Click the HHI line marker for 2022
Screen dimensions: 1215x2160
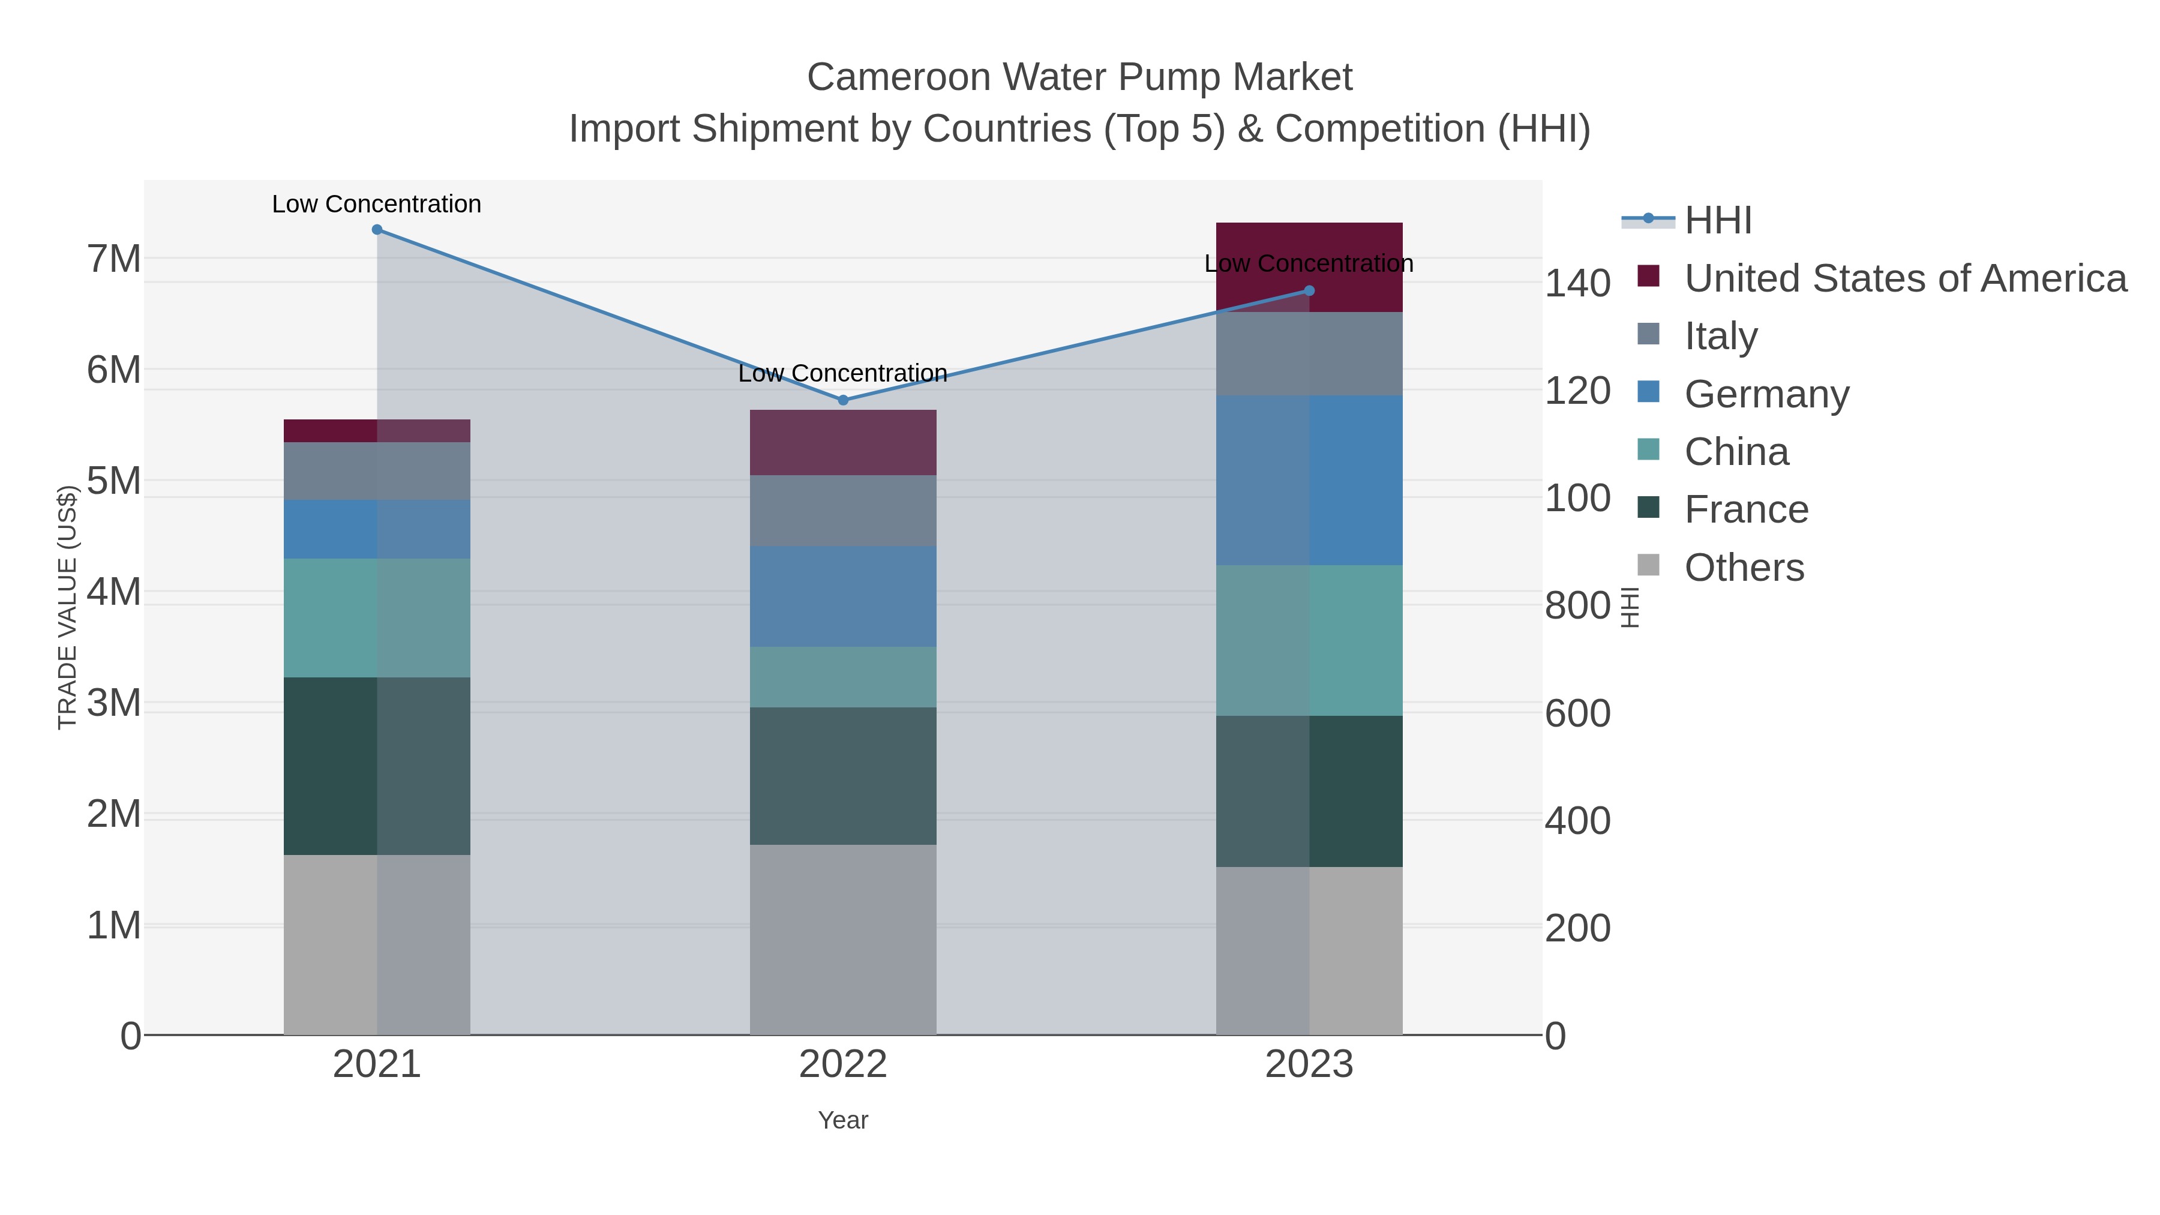843,400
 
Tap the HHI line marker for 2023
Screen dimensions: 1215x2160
1309,291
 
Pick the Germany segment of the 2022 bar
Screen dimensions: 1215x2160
843,596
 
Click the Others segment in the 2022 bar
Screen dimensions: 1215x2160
843,939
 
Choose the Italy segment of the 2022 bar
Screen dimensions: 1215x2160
843,511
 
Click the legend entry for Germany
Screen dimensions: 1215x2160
1766,394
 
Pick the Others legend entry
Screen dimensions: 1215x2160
1744,568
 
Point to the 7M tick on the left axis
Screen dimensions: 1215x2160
114,259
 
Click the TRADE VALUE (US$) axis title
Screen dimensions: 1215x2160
67,607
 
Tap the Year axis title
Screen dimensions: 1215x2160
843,1120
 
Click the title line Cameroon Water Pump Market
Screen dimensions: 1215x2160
1079,78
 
